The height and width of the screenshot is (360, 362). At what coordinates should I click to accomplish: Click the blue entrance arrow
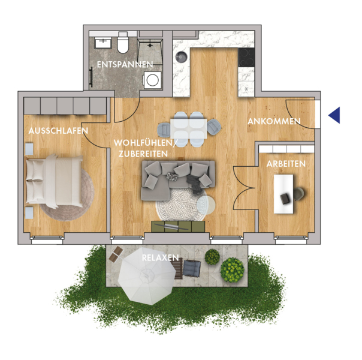click(335, 115)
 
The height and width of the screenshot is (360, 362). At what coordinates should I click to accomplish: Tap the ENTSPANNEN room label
click(125, 64)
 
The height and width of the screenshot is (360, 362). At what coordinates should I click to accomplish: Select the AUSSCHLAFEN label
click(58, 131)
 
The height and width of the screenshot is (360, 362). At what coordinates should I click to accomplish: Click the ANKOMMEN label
click(274, 121)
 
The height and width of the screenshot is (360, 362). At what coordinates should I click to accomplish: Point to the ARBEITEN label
click(286, 164)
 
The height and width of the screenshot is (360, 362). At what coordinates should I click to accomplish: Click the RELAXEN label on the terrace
click(161, 257)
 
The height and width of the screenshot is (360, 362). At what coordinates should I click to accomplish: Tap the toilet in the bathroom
click(123, 43)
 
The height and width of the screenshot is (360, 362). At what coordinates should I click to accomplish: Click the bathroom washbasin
click(103, 43)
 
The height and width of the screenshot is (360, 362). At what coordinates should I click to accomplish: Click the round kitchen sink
click(181, 56)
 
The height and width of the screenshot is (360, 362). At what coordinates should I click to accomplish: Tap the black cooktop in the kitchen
click(246, 58)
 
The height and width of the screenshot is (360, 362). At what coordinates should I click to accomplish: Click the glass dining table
click(189, 129)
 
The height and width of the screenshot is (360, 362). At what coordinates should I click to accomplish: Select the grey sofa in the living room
click(178, 180)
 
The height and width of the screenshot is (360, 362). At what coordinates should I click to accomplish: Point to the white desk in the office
click(283, 194)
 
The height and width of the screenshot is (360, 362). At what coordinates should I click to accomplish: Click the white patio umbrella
click(147, 276)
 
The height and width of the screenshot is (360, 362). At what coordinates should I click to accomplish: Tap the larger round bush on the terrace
click(232, 269)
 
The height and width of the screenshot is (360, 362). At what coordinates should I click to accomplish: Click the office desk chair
click(299, 194)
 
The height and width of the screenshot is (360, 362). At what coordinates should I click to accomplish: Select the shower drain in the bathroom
click(150, 44)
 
